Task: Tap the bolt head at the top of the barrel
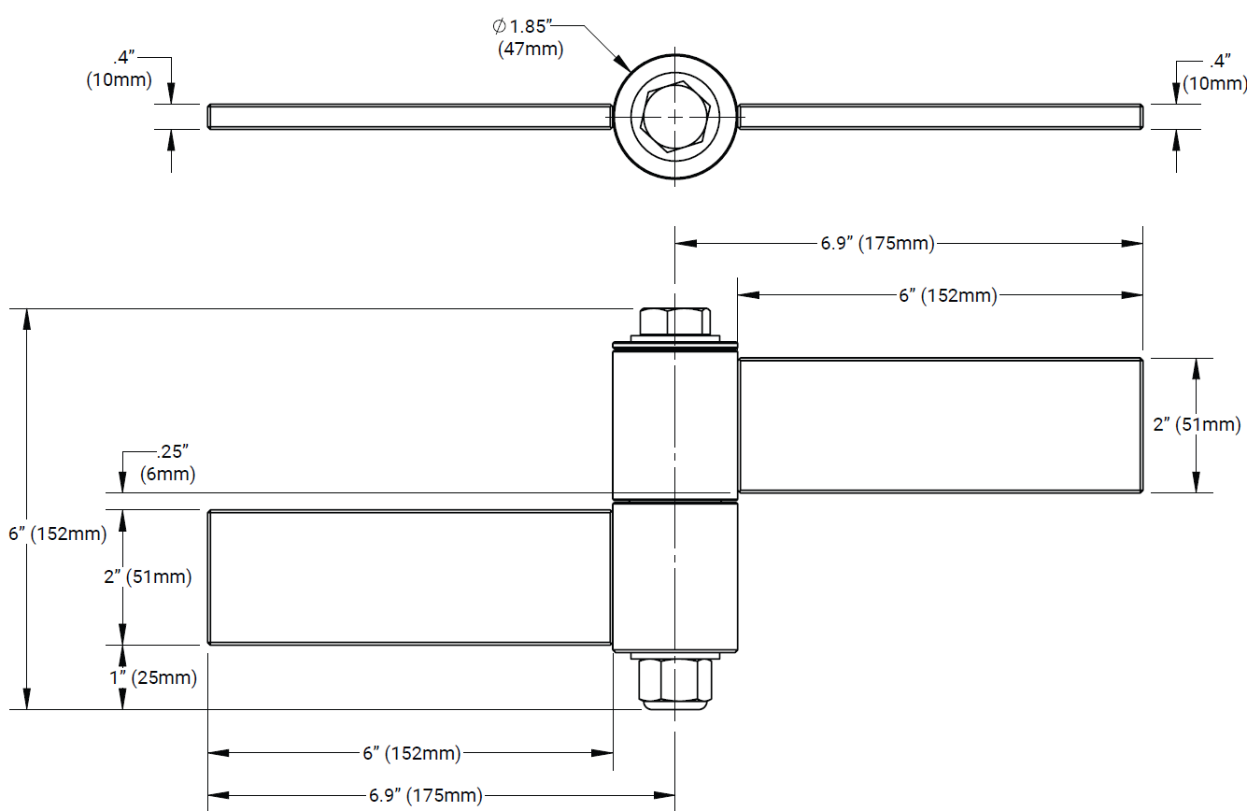674,322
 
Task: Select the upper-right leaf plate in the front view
940,425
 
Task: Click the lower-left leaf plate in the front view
409,577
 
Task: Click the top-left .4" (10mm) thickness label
119,69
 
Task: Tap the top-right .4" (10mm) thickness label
1214,73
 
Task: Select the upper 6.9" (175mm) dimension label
877,244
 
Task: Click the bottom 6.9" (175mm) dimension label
425,796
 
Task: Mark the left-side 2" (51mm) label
148,576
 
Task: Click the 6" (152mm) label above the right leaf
947,295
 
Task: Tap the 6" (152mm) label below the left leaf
411,753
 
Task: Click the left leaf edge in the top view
409,117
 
